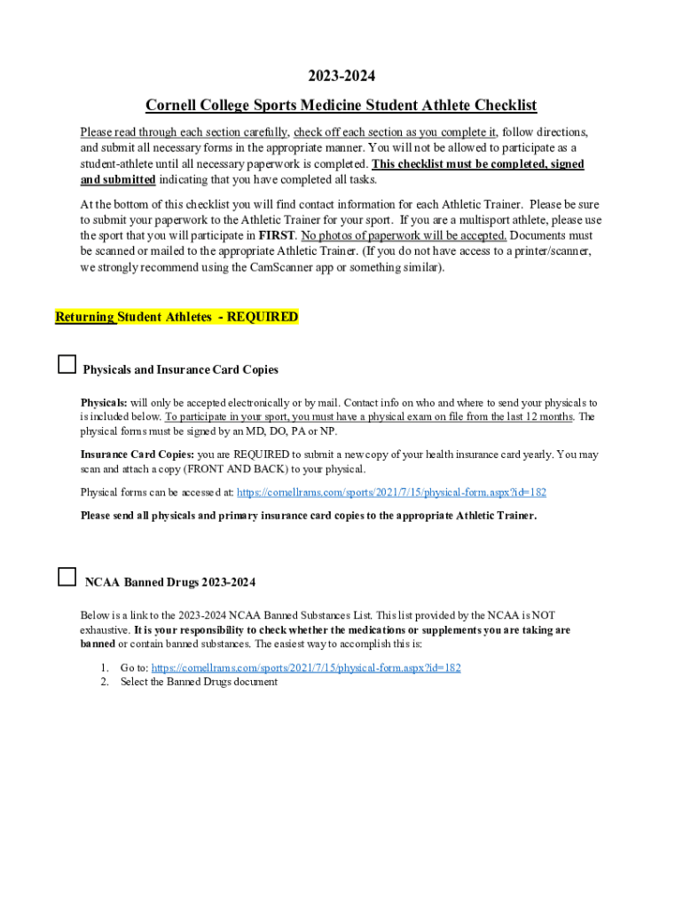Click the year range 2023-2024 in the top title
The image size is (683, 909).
pyautogui.click(x=341, y=77)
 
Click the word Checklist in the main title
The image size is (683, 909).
pyautogui.click(x=504, y=106)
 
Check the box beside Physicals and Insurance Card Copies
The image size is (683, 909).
pyautogui.click(x=67, y=365)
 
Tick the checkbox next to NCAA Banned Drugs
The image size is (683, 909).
pyautogui.click(x=67, y=578)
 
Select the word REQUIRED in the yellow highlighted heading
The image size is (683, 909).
pyautogui.click(x=263, y=317)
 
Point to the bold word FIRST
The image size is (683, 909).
pyautogui.click(x=275, y=236)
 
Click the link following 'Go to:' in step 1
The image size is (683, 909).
pyautogui.click(x=306, y=668)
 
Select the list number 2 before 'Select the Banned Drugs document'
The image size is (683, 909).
pyautogui.click(x=104, y=682)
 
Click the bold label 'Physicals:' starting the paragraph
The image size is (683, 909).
pyautogui.click(x=104, y=403)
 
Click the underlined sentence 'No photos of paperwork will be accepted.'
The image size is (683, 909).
pyautogui.click(x=404, y=236)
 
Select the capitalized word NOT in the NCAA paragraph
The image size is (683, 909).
pyautogui.click(x=543, y=615)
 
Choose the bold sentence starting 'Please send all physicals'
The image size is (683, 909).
pyautogui.click(x=308, y=516)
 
